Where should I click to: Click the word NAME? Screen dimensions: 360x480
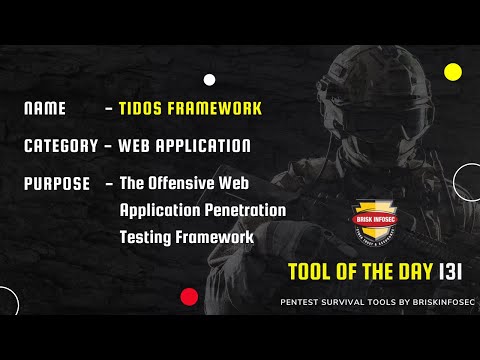tap(45, 108)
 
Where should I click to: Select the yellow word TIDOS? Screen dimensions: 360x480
tap(142, 108)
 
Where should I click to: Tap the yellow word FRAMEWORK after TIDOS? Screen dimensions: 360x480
tap(213, 108)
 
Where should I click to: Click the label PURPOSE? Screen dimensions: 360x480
tap(56, 184)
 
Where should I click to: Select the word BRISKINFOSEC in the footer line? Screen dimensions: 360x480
tap(428, 299)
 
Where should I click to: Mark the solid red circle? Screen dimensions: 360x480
tap(188, 296)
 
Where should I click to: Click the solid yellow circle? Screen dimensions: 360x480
tap(452, 71)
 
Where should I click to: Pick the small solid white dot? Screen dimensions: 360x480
tap(209, 79)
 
